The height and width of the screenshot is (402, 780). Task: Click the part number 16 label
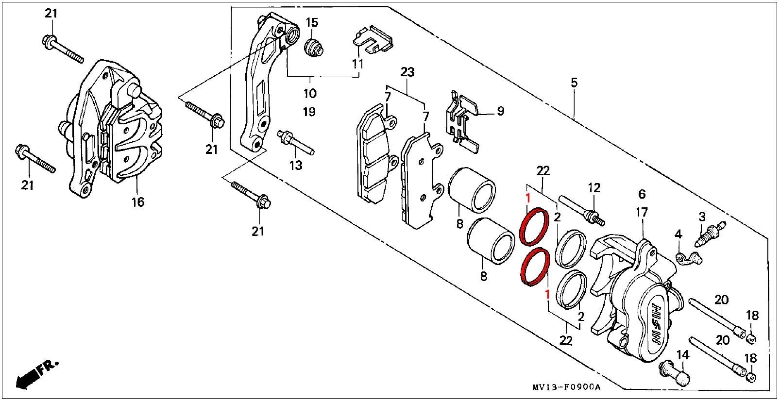point(138,201)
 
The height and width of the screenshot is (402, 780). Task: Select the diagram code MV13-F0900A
point(566,387)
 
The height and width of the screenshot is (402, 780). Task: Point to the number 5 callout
point(574,83)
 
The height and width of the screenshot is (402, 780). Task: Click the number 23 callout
point(407,73)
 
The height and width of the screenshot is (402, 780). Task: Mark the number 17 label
point(642,212)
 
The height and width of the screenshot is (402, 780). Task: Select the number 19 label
point(309,112)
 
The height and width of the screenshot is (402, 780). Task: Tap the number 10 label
point(310,93)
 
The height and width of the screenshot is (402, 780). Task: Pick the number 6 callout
point(642,194)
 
